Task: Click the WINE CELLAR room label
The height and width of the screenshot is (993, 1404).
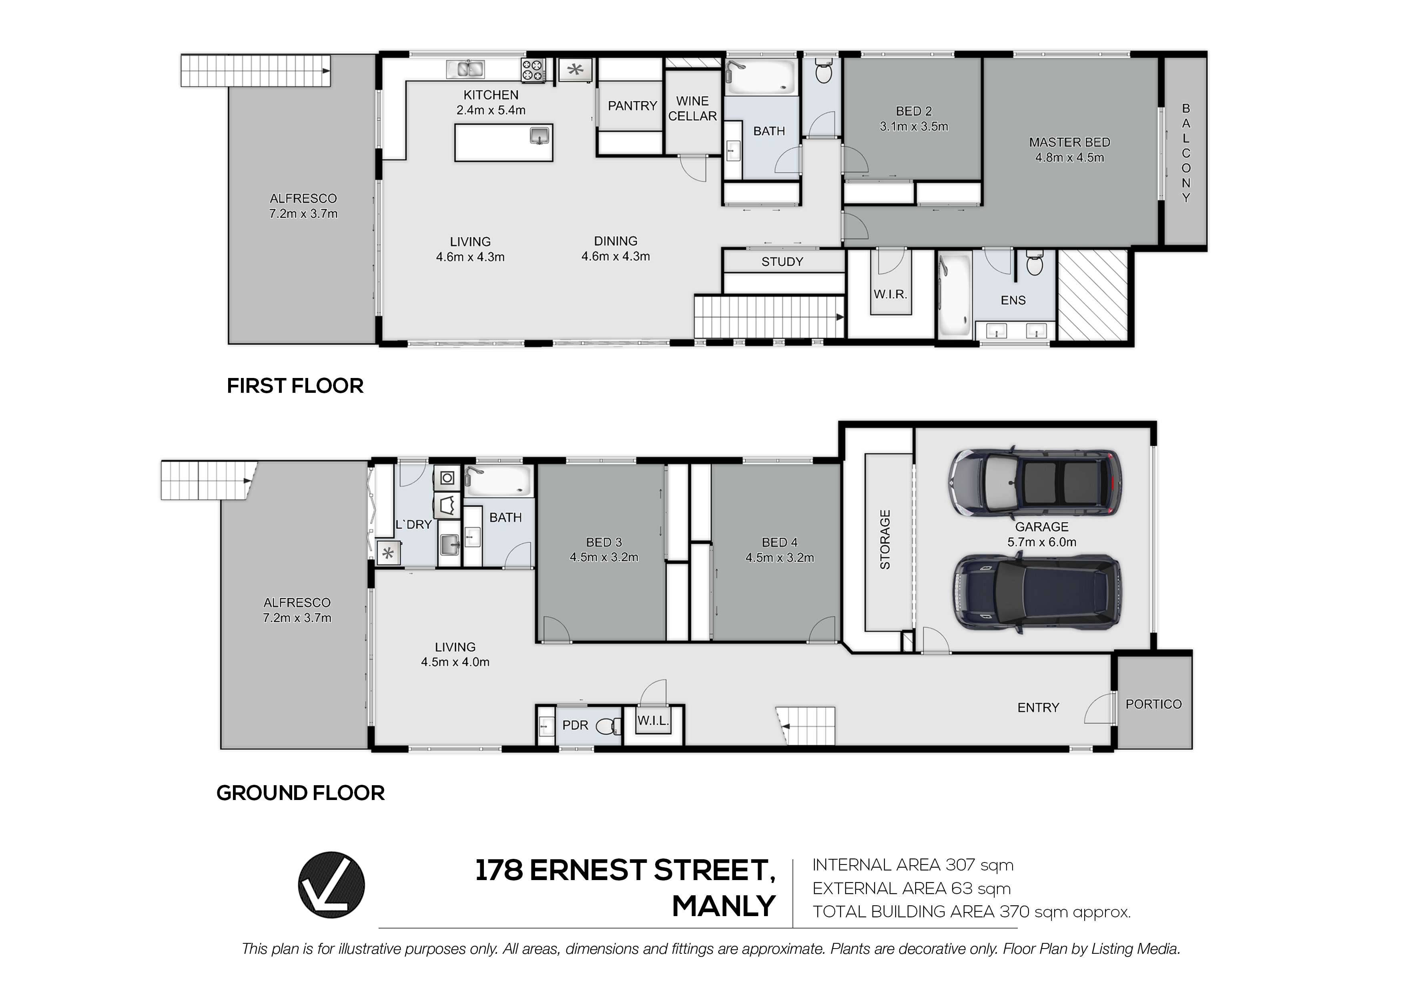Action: click(692, 108)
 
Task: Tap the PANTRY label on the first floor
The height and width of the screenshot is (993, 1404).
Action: click(632, 106)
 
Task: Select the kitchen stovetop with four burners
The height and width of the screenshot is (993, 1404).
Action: click(533, 70)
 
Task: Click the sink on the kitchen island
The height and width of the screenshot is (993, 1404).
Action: click(539, 135)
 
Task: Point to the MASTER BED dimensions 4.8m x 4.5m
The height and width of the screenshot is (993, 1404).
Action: click(1069, 157)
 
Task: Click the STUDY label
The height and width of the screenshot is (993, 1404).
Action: click(782, 262)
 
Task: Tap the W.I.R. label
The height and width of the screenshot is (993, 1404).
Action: click(891, 294)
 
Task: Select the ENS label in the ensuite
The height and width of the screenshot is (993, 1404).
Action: click(1013, 300)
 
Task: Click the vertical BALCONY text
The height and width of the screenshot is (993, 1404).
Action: click(1186, 153)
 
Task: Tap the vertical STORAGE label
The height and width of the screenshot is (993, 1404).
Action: click(885, 540)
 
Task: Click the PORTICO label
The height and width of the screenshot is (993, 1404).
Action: click(1154, 704)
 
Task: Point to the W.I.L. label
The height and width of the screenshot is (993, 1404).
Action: click(653, 721)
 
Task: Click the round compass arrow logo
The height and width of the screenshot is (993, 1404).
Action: click(331, 885)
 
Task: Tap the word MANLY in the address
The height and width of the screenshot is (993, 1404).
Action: click(724, 906)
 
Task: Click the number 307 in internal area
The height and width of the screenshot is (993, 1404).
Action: click(960, 865)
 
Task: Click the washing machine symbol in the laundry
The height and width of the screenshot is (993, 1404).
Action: click(447, 478)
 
